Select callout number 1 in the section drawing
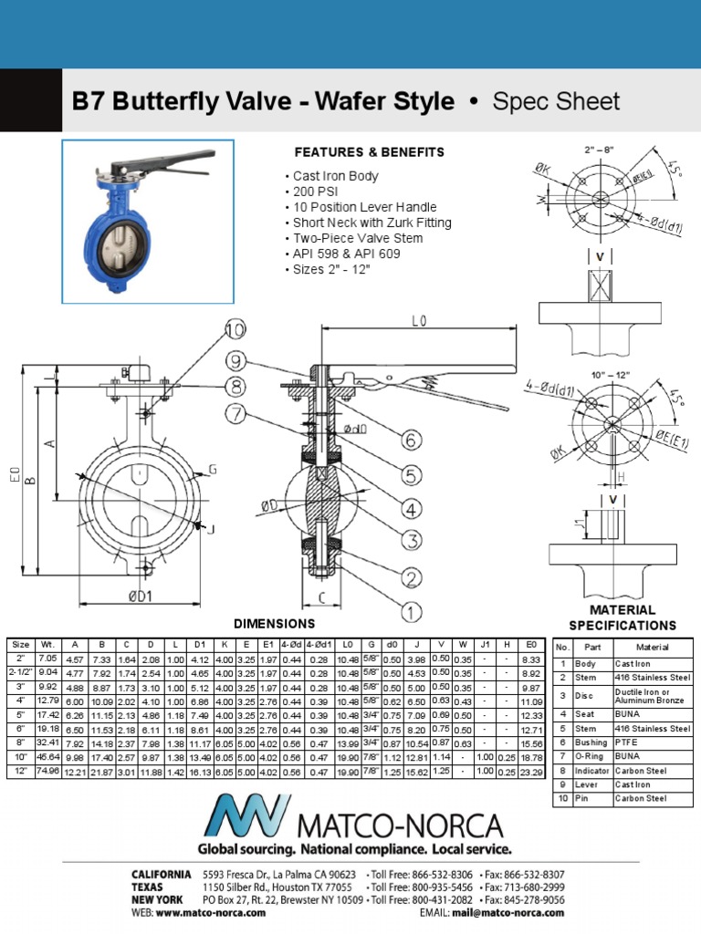[x=412, y=612]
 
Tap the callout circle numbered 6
[x=412, y=441]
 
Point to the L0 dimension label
[x=419, y=322]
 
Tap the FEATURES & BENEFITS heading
[x=369, y=152]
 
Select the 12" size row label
[x=20, y=772]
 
